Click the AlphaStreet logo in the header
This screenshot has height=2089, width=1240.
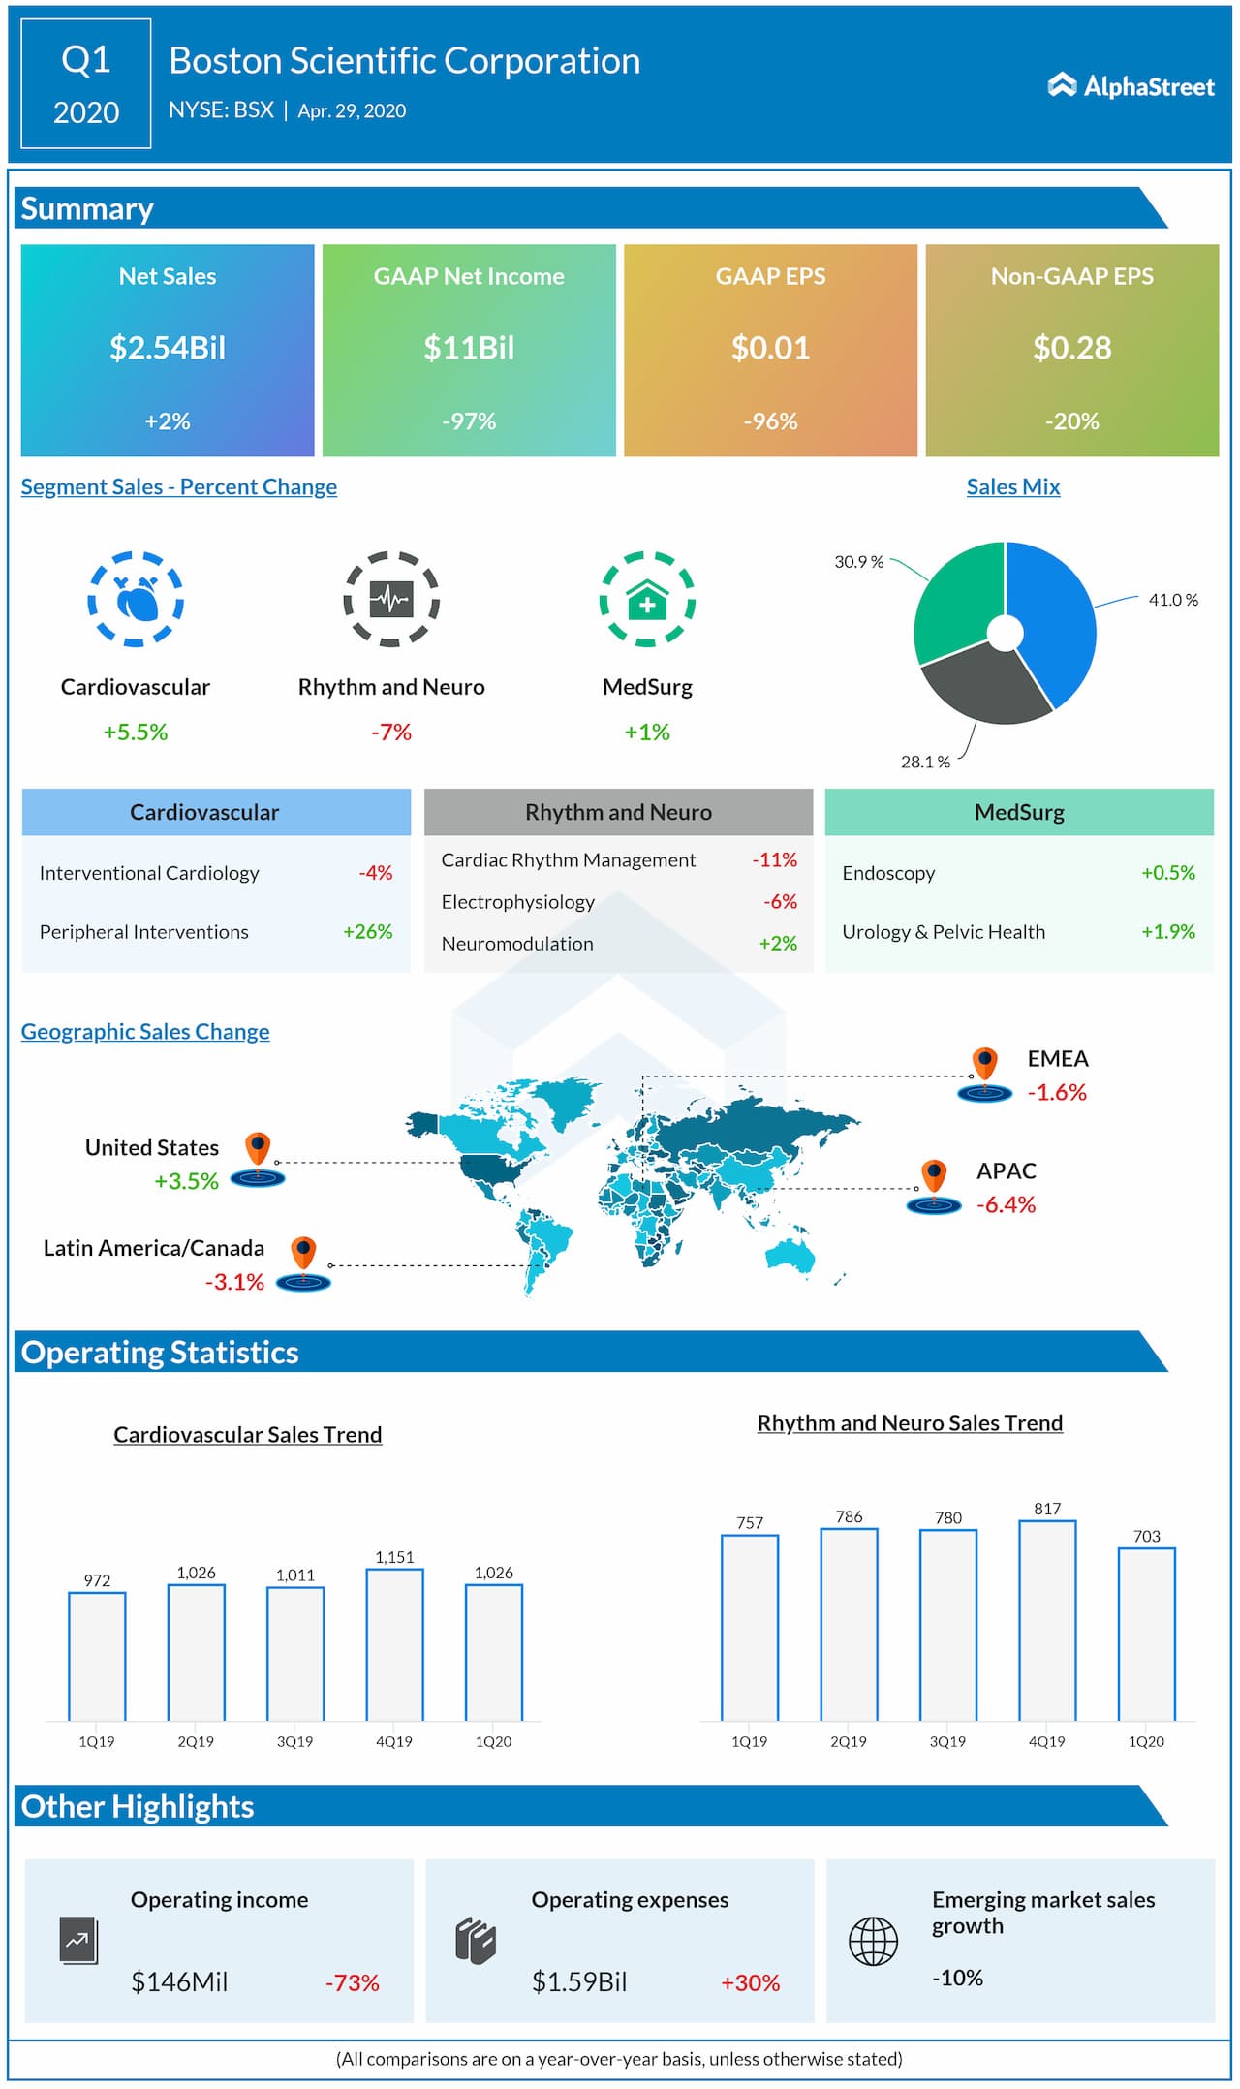(x=1131, y=86)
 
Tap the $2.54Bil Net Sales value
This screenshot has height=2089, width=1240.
(x=168, y=348)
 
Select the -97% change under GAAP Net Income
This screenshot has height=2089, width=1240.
(x=469, y=421)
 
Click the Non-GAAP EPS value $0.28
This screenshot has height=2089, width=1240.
(x=1071, y=348)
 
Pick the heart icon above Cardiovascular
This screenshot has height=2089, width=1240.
(x=136, y=599)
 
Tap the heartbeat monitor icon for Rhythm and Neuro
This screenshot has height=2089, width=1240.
(x=391, y=599)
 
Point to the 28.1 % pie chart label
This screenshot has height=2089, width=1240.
(x=925, y=762)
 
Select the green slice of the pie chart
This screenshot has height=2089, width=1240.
(x=959, y=601)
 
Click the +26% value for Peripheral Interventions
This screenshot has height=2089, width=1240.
(x=368, y=931)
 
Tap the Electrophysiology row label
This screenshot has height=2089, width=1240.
(x=517, y=902)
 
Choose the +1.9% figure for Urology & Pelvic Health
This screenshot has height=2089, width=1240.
(x=1168, y=931)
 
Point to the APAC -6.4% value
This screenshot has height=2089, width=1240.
(x=1006, y=1204)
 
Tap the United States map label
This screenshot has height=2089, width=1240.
(x=152, y=1147)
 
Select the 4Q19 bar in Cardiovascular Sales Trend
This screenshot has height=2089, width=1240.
(x=394, y=1644)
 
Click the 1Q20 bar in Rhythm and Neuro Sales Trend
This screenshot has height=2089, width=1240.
(x=1146, y=1634)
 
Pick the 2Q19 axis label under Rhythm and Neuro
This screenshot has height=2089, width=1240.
(x=849, y=1741)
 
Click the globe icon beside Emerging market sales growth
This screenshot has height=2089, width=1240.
(x=873, y=1941)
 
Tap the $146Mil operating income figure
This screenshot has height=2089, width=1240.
(x=179, y=1981)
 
